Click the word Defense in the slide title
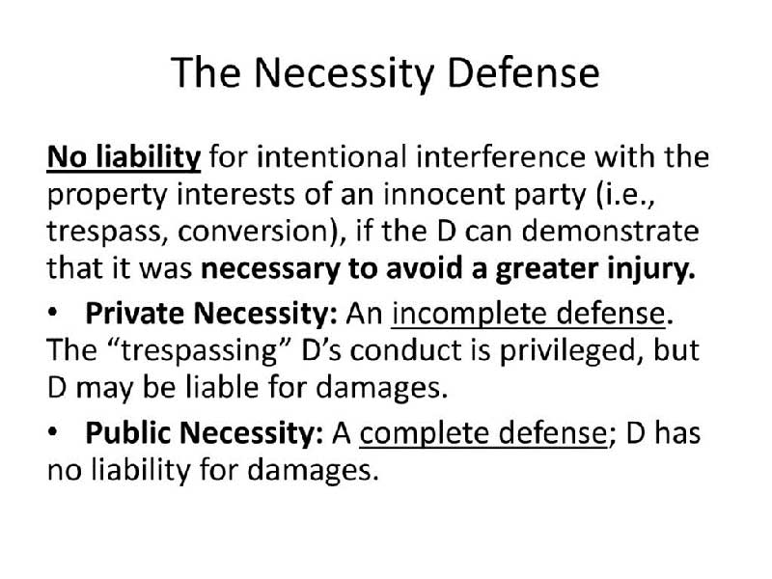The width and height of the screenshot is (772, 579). (x=523, y=72)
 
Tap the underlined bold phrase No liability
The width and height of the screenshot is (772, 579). (x=124, y=158)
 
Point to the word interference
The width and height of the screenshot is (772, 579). (x=501, y=156)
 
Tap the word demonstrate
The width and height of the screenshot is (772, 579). (x=610, y=231)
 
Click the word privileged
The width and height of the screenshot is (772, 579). (x=571, y=351)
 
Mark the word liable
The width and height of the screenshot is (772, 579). (x=222, y=387)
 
